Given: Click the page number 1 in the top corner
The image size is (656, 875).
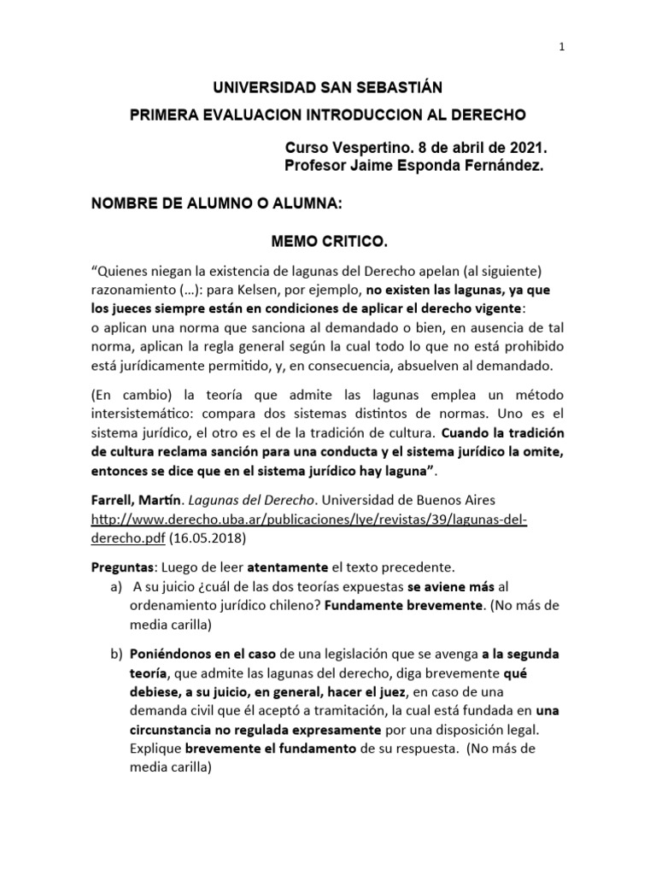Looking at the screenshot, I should (561, 48).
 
